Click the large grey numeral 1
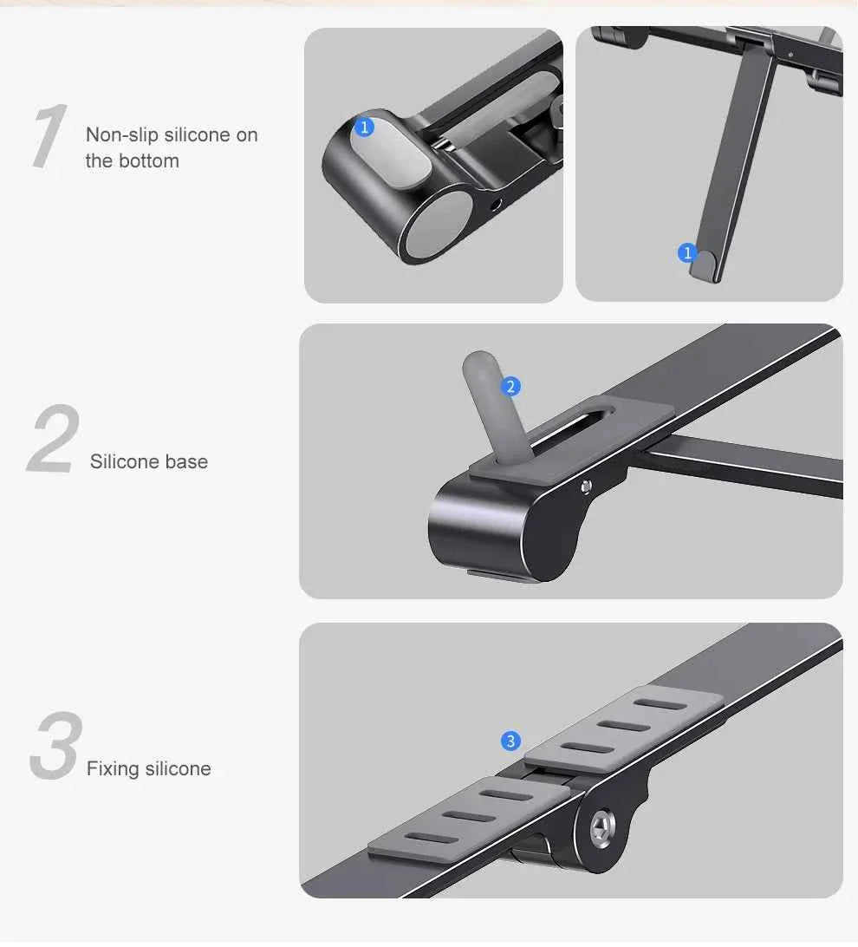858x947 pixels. coord(49,137)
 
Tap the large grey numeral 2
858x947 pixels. coord(54,441)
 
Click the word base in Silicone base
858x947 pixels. coord(188,461)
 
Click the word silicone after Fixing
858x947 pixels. coord(178,768)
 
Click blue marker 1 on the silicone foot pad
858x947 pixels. coord(364,127)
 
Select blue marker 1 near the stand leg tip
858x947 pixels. coord(687,253)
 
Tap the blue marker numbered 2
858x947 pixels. coord(511,387)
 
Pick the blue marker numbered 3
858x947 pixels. coord(510,741)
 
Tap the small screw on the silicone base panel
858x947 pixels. coord(587,487)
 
